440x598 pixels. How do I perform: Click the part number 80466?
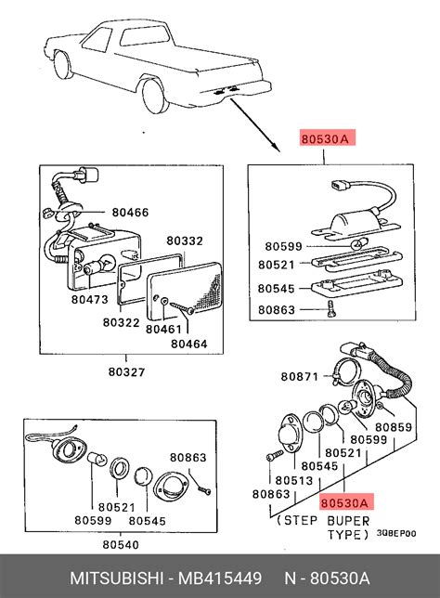click(x=130, y=213)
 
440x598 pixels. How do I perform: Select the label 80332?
click(x=185, y=241)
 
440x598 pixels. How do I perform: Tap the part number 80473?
click(x=90, y=300)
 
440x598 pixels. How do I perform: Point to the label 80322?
click(x=121, y=322)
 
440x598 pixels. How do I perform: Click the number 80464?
click(x=188, y=344)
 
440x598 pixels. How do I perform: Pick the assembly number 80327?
click(x=126, y=371)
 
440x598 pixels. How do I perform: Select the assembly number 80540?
click(x=121, y=545)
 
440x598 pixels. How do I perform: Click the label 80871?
click(x=299, y=377)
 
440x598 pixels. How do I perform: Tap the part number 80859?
click(x=394, y=427)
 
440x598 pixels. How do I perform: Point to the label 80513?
click(x=294, y=481)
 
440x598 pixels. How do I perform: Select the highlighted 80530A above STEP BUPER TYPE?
click(x=344, y=503)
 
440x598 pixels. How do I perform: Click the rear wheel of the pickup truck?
click(x=155, y=97)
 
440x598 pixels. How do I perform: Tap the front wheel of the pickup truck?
click(x=62, y=65)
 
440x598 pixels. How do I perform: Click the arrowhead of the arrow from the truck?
click(x=277, y=148)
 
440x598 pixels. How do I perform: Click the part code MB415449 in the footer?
click(x=220, y=578)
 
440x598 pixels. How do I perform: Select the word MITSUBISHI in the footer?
click(x=117, y=578)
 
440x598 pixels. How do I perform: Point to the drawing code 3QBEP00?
click(x=396, y=534)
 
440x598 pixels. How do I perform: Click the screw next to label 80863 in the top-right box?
click(x=331, y=308)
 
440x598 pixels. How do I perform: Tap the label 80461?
click(x=163, y=329)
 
